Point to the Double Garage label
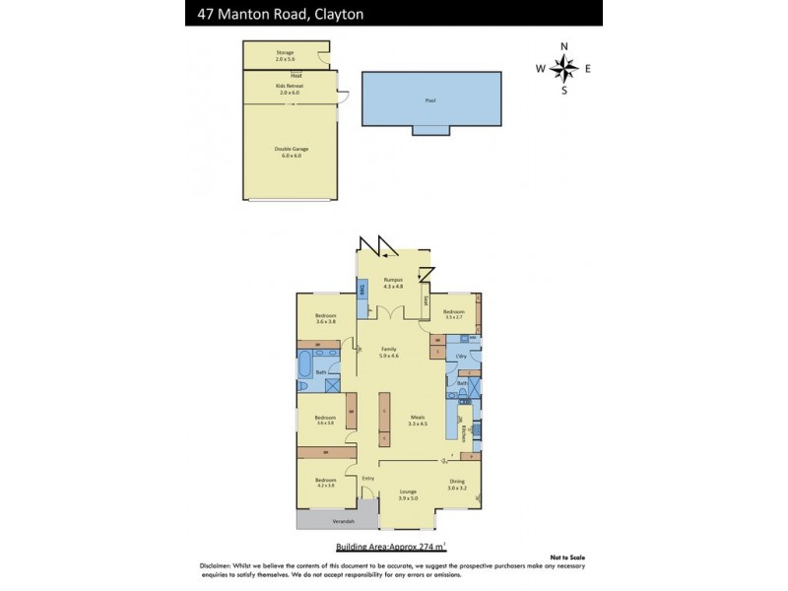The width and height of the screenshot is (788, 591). click(288, 152)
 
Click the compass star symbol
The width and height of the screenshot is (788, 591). click(564, 68)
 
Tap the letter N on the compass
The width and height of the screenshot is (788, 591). click(564, 46)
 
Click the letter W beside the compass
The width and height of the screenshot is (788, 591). click(540, 69)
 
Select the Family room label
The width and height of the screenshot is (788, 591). click(389, 352)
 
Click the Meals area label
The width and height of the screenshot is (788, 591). click(419, 421)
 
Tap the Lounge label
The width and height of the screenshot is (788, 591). click(408, 495)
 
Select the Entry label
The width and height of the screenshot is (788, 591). click(367, 479)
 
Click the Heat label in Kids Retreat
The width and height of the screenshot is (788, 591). click(295, 76)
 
